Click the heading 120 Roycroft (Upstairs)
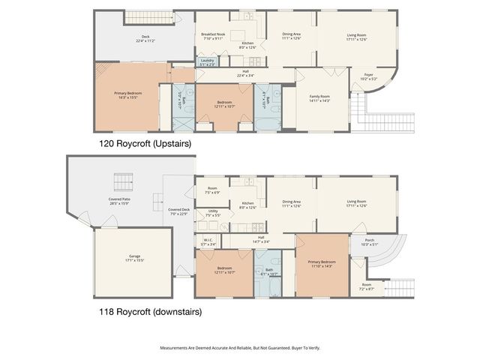tap(145, 142)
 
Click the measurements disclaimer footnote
tap(240, 348)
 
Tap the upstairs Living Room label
tap(356, 37)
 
